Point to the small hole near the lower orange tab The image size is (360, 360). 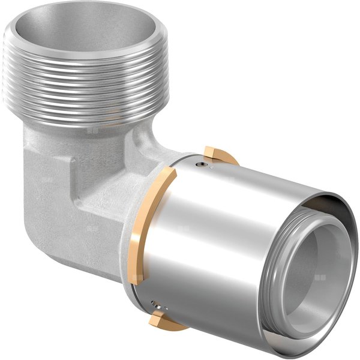pos(155,303)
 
